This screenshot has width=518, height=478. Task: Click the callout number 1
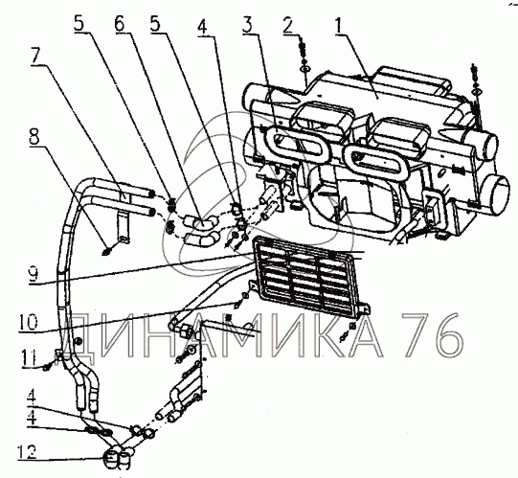(341, 25)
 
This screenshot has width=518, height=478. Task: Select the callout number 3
(252, 25)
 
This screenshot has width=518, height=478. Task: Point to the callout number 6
(122, 24)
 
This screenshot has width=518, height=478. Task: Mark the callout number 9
(34, 274)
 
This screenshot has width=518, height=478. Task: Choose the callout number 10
(28, 323)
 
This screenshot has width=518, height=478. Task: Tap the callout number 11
(29, 357)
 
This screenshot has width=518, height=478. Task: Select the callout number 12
(27, 451)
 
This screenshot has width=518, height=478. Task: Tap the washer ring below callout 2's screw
(304, 69)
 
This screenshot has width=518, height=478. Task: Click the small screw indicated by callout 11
(47, 367)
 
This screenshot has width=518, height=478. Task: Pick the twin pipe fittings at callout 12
(117, 457)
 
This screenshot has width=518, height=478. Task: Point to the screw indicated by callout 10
(240, 300)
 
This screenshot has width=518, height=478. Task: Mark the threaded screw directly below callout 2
(304, 50)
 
